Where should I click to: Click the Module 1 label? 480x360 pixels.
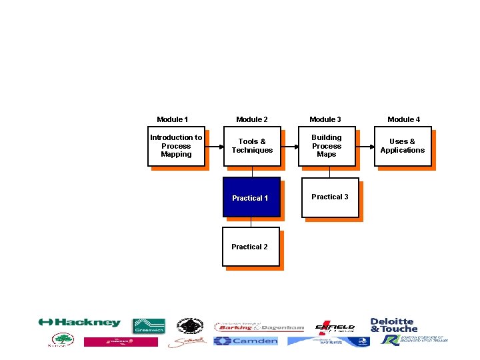coord(172,119)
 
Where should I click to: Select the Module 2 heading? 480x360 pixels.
coord(252,119)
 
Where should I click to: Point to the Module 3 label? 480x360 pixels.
coord(325,119)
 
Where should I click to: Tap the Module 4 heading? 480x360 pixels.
coord(404,119)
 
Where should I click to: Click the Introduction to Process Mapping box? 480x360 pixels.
coord(176,146)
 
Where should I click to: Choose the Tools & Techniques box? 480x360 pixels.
coord(252,146)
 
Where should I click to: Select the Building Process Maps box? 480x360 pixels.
coord(327,146)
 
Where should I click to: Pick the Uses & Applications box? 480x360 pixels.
coord(403,146)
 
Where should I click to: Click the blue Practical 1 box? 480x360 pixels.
coord(251,197)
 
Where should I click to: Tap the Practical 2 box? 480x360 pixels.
coord(251,247)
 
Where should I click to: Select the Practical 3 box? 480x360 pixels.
coord(330,197)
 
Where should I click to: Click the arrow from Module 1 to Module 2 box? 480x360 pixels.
coord(213,146)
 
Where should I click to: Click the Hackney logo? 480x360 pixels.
coord(80,323)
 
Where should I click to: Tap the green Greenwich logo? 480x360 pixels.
coord(149,326)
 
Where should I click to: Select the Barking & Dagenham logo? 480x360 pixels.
coord(259,327)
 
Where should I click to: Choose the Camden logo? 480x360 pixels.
coord(246,341)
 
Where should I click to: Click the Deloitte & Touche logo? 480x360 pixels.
coord(393,325)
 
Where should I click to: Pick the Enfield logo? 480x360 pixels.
coord(335,326)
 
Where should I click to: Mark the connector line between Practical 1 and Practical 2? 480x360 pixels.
coord(251,222)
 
